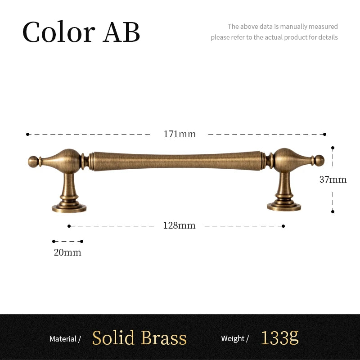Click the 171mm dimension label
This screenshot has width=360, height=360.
point(180,134)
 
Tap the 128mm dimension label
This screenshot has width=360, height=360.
point(179,226)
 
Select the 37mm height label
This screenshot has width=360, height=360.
point(333,180)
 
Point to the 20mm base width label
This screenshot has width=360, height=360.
point(67,252)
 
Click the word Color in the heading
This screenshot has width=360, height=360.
point(59,31)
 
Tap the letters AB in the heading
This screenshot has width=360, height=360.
point(121,32)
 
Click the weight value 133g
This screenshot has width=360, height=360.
point(279,338)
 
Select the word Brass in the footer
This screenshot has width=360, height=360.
point(163,338)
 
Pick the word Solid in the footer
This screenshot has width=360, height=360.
point(113,338)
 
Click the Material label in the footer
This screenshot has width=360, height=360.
point(63,339)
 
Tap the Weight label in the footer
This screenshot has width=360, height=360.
point(233,338)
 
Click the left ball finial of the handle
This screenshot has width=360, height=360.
point(33,162)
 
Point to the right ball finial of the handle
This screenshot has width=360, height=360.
point(319,161)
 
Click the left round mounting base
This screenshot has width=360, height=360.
point(69,208)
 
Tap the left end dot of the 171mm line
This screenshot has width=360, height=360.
point(27,134)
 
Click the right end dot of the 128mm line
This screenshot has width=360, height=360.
point(283,226)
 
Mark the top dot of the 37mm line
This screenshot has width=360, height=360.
point(333,148)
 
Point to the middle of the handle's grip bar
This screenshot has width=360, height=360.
point(177,161)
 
